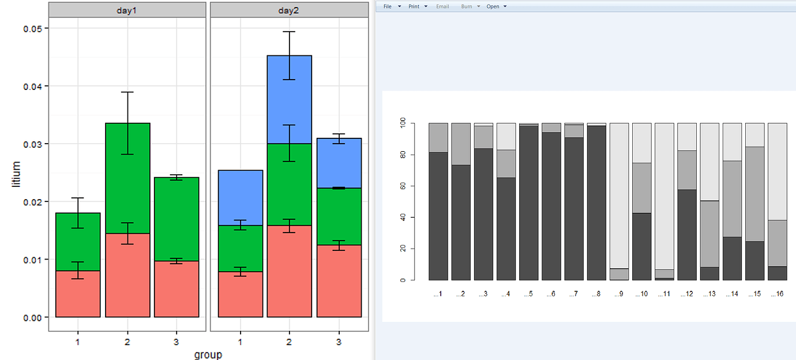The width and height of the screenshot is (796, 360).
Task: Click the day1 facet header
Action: click(127, 10)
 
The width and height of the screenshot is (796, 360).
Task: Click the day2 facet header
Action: click(289, 10)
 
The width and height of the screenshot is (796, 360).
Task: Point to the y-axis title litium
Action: click(17, 173)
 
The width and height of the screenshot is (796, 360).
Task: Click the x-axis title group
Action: click(208, 354)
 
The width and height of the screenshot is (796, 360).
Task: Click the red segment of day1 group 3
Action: click(177, 288)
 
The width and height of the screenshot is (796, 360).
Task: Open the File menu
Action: click(388, 6)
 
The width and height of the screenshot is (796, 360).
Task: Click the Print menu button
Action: click(414, 6)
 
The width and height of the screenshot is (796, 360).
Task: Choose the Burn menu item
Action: click(467, 6)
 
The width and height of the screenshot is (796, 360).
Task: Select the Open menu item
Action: click(493, 6)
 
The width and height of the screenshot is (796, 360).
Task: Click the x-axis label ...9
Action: click(618, 294)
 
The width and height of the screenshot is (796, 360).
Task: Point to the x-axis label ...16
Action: click(777, 294)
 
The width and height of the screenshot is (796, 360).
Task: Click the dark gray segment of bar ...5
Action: click(529, 202)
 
